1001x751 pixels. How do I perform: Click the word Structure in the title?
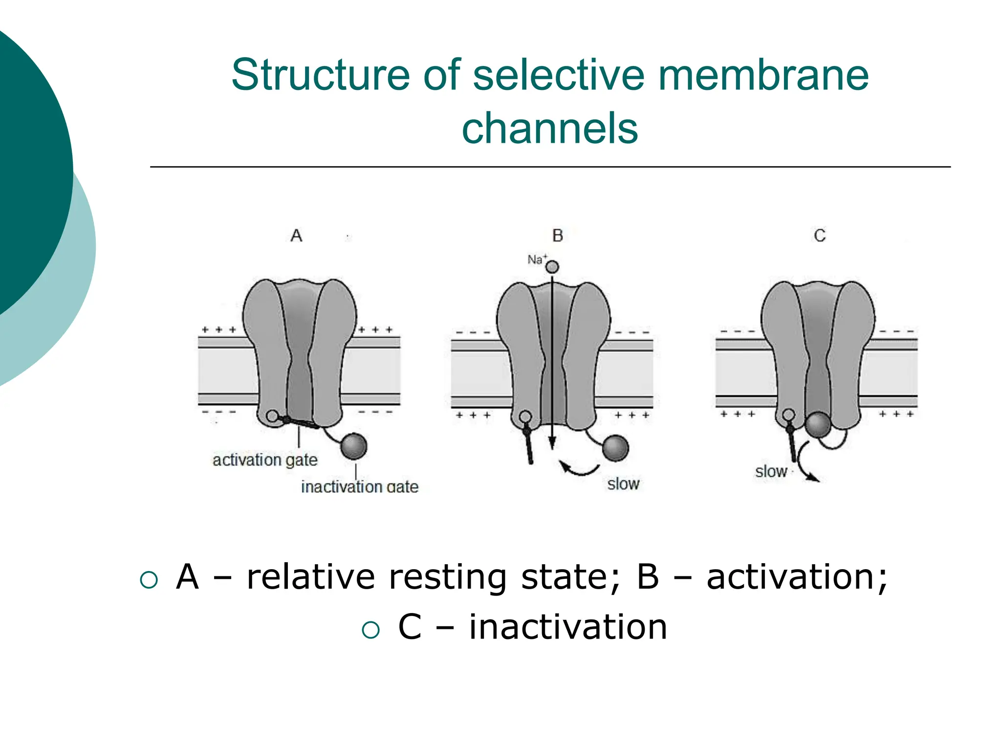tap(321, 75)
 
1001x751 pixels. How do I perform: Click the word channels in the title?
tap(549, 129)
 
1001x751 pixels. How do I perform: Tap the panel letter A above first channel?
tap(296, 236)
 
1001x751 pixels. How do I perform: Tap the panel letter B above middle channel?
tap(557, 236)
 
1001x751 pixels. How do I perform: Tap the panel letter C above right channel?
tap(819, 236)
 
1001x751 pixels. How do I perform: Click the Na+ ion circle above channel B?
tap(552, 267)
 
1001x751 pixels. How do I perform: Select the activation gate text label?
tap(264, 460)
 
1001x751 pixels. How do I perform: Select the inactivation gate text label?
tap(359, 487)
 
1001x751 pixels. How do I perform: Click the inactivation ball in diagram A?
tap(353, 446)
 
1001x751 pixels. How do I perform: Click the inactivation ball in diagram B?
tap(615, 448)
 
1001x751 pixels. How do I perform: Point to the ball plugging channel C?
tap(818, 424)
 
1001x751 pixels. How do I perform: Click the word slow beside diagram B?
tap(623, 484)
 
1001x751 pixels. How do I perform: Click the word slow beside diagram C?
tap(770, 472)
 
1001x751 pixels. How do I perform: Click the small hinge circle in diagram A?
tap(273, 417)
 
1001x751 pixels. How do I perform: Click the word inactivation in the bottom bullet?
tap(568, 627)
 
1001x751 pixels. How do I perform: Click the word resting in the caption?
tap(448, 577)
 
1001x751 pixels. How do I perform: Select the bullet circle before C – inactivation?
tap(370, 630)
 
